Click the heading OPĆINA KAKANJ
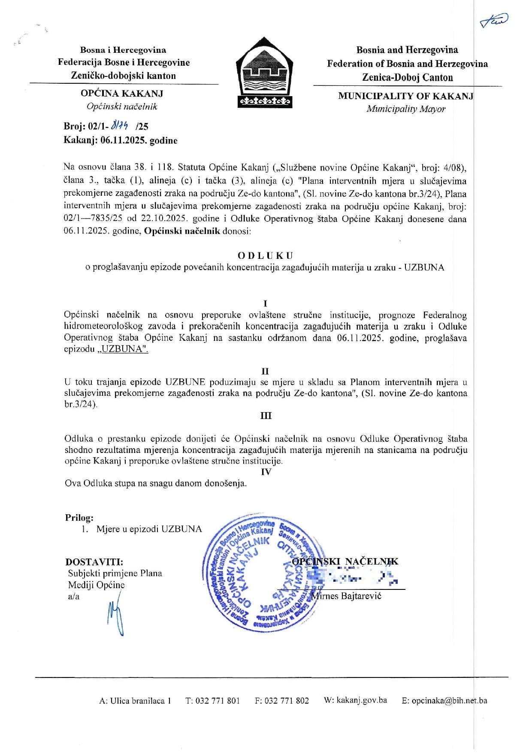click(x=122, y=93)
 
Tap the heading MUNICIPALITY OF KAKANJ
click(x=405, y=96)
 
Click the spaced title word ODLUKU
click(x=265, y=256)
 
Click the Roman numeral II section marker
click(x=265, y=371)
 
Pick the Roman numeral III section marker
click(x=266, y=416)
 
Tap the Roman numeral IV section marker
click(x=266, y=471)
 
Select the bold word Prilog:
click(x=79, y=518)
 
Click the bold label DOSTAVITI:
click(x=94, y=562)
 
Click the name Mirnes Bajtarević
click(x=347, y=596)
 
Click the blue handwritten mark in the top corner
click(x=494, y=20)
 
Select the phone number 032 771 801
click(x=218, y=701)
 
